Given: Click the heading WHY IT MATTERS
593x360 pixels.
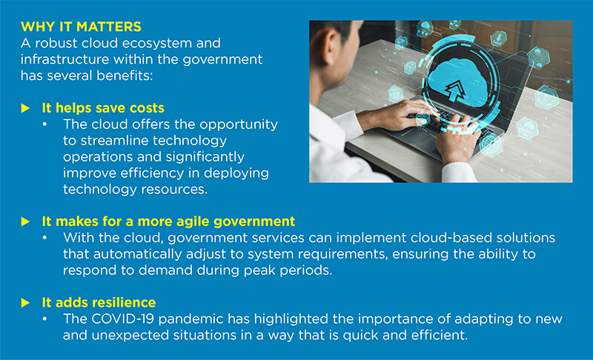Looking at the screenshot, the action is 81,27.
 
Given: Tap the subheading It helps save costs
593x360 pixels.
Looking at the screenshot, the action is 103,108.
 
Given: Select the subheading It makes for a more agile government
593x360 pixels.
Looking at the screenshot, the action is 168,221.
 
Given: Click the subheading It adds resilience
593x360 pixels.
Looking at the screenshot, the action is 99,302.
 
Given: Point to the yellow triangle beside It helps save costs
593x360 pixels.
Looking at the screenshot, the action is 25,108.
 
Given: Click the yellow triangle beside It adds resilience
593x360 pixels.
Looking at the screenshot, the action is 25,303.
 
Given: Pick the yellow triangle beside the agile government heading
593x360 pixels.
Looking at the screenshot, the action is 25,221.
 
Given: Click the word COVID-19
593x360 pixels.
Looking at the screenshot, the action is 122,319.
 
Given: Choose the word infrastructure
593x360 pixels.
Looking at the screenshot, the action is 64,59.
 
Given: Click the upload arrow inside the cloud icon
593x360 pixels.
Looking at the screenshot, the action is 455,90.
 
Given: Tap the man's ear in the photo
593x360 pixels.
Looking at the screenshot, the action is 331,47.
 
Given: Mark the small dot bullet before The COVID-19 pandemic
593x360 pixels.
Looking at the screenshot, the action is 44,319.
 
